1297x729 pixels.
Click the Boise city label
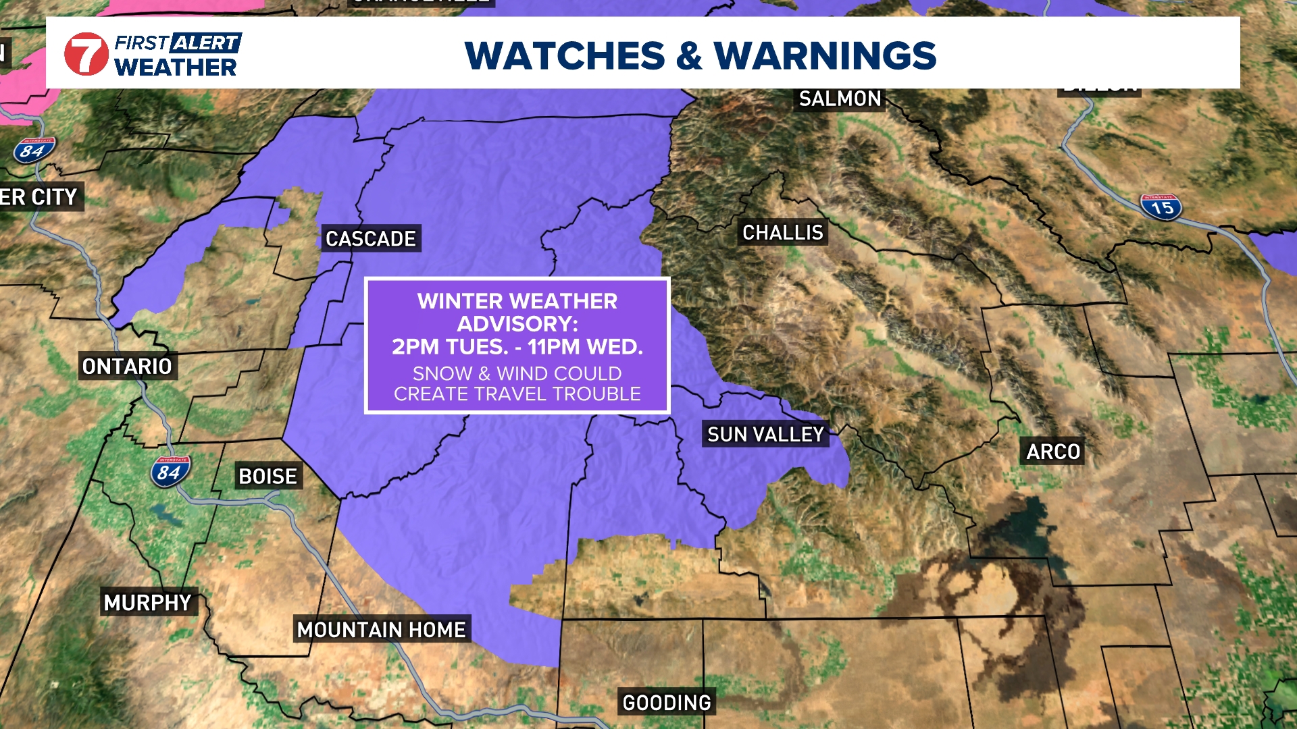click(x=268, y=477)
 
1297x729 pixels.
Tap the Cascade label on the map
click(x=371, y=239)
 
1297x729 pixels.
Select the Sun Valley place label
click(x=765, y=435)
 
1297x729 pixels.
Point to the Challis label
click(x=783, y=233)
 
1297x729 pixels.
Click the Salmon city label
click(x=840, y=99)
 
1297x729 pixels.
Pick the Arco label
click(x=1053, y=452)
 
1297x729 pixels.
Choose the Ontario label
click(x=127, y=367)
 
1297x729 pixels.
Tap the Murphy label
click(x=148, y=603)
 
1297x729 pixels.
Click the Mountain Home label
click(x=382, y=630)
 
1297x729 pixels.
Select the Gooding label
click(x=667, y=703)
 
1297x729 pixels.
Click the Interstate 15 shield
click(x=1161, y=207)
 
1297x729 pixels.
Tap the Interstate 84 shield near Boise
click(x=170, y=472)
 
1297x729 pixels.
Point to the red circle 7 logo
click(x=86, y=54)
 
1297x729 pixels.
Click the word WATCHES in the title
click(x=565, y=55)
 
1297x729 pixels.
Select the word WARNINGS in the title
click(x=825, y=55)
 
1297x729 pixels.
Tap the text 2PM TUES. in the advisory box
click(x=450, y=347)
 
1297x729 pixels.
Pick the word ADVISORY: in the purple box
click(x=517, y=324)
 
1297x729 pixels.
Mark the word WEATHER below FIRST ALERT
click(x=176, y=67)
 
